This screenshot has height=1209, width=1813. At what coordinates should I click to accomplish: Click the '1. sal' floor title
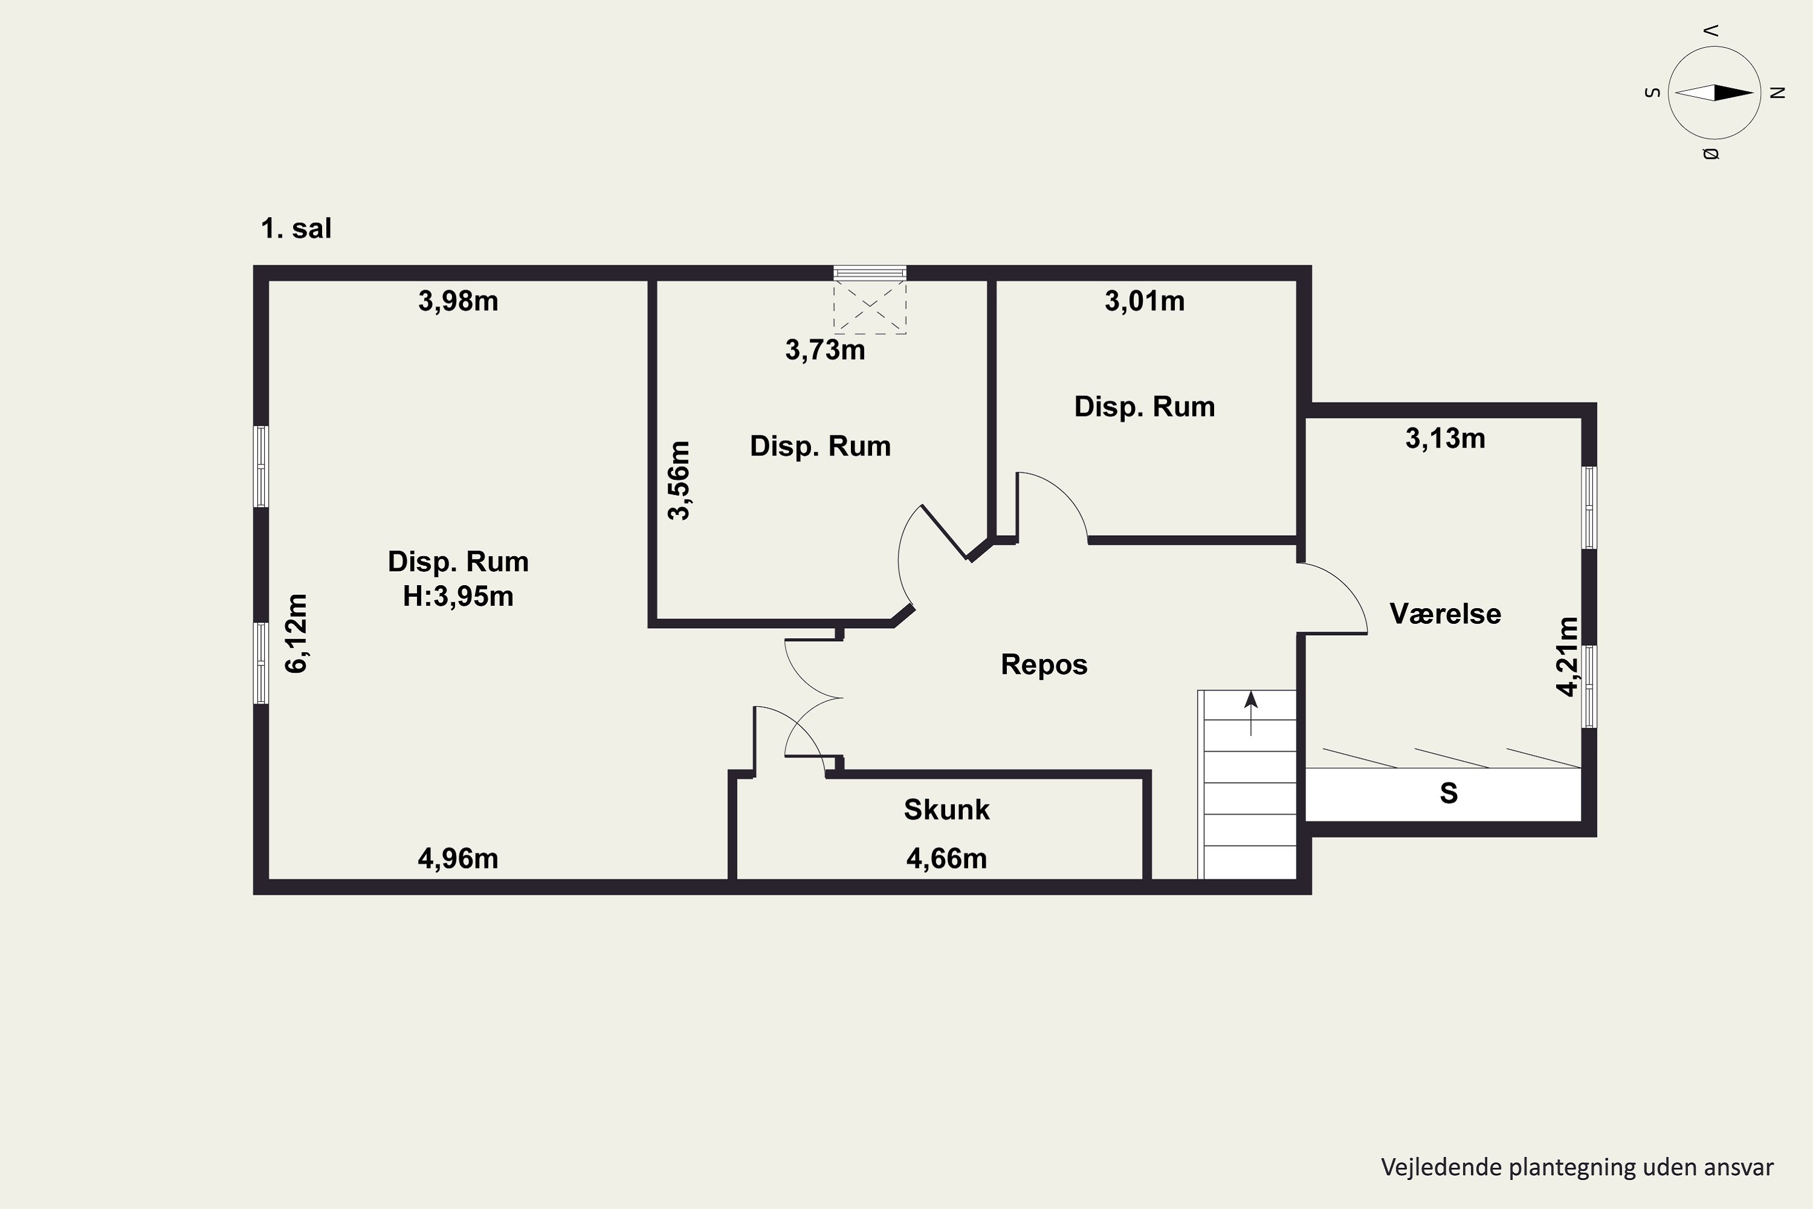(x=296, y=229)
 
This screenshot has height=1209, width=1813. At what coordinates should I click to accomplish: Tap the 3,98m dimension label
(x=458, y=300)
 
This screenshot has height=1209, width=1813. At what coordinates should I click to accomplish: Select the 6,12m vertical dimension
(x=296, y=634)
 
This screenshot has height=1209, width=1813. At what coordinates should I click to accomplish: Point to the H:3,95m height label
(x=458, y=596)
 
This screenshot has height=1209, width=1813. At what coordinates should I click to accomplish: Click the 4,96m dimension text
(x=458, y=858)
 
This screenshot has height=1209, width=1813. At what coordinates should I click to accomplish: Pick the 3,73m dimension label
(x=825, y=350)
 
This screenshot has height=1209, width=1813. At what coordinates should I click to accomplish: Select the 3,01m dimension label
(x=1145, y=300)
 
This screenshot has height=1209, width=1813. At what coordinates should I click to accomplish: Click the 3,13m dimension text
(x=1446, y=438)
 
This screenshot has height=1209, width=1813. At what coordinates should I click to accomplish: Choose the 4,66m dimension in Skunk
(x=946, y=858)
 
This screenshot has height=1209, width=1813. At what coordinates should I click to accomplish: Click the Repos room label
(x=1044, y=664)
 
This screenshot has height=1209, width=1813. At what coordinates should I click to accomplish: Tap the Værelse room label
(x=1446, y=614)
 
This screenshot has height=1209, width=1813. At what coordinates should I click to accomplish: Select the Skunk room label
(x=946, y=809)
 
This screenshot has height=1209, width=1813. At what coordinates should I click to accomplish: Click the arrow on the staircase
(x=1250, y=713)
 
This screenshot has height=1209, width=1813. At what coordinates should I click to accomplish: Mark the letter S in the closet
(x=1449, y=793)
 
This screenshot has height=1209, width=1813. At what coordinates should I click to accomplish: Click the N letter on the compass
(x=1777, y=92)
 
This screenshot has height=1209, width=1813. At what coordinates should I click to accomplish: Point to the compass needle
(x=1714, y=92)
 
